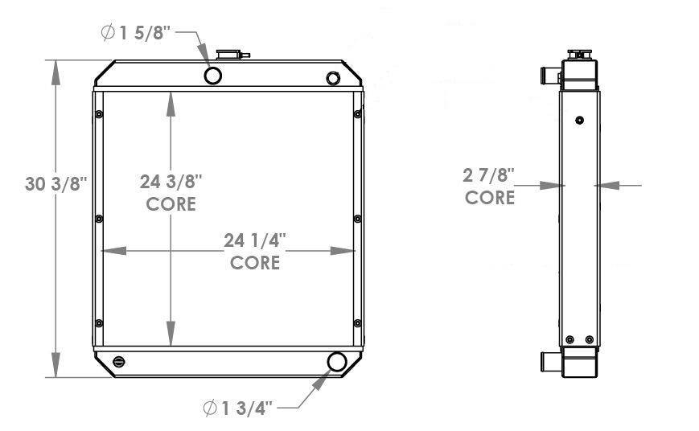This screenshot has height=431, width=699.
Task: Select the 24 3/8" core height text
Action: tap(171, 182)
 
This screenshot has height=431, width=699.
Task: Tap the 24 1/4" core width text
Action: tap(255, 240)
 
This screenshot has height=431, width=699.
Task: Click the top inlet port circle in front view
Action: tap(213, 76)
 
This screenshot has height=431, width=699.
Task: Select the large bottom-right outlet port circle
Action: tap(336, 363)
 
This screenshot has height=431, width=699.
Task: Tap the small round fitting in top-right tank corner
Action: tap(333, 78)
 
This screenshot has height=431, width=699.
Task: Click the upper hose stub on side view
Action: tap(549, 76)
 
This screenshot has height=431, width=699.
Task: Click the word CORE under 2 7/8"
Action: tap(490, 197)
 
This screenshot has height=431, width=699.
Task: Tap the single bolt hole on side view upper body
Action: tap(580, 121)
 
